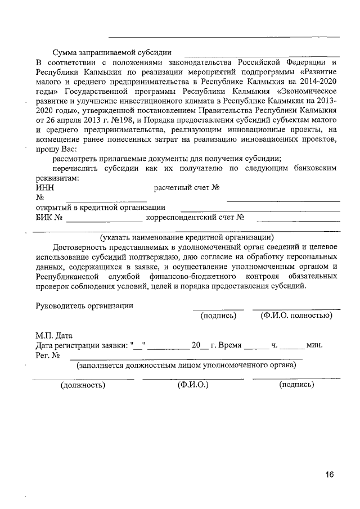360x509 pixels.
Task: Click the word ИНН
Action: pos(45,188)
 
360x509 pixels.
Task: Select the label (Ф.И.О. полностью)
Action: pos(296,315)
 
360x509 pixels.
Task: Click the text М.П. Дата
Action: pos(54,336)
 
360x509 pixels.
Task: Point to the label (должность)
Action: pos(83,385)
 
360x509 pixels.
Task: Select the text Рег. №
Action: pos(48,355)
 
